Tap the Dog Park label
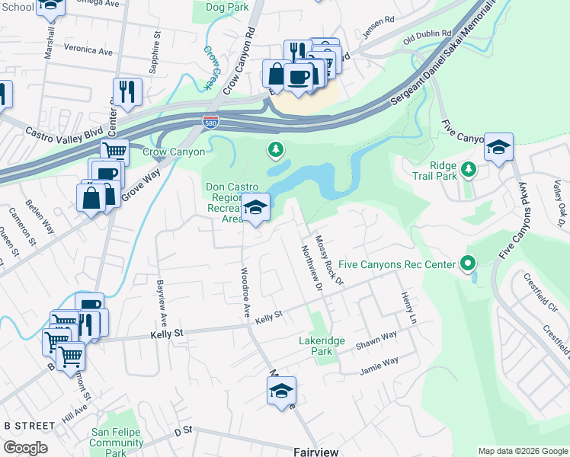227,7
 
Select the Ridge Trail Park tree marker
470,168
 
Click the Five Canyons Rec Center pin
468,265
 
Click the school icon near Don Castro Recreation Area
256,207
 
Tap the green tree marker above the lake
275,150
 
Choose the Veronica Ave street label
88,50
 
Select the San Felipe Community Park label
117,443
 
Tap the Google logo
25,448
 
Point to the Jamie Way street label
379,364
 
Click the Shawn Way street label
376,340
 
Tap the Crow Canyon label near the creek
174,152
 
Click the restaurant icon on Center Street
127,92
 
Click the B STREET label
29,425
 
